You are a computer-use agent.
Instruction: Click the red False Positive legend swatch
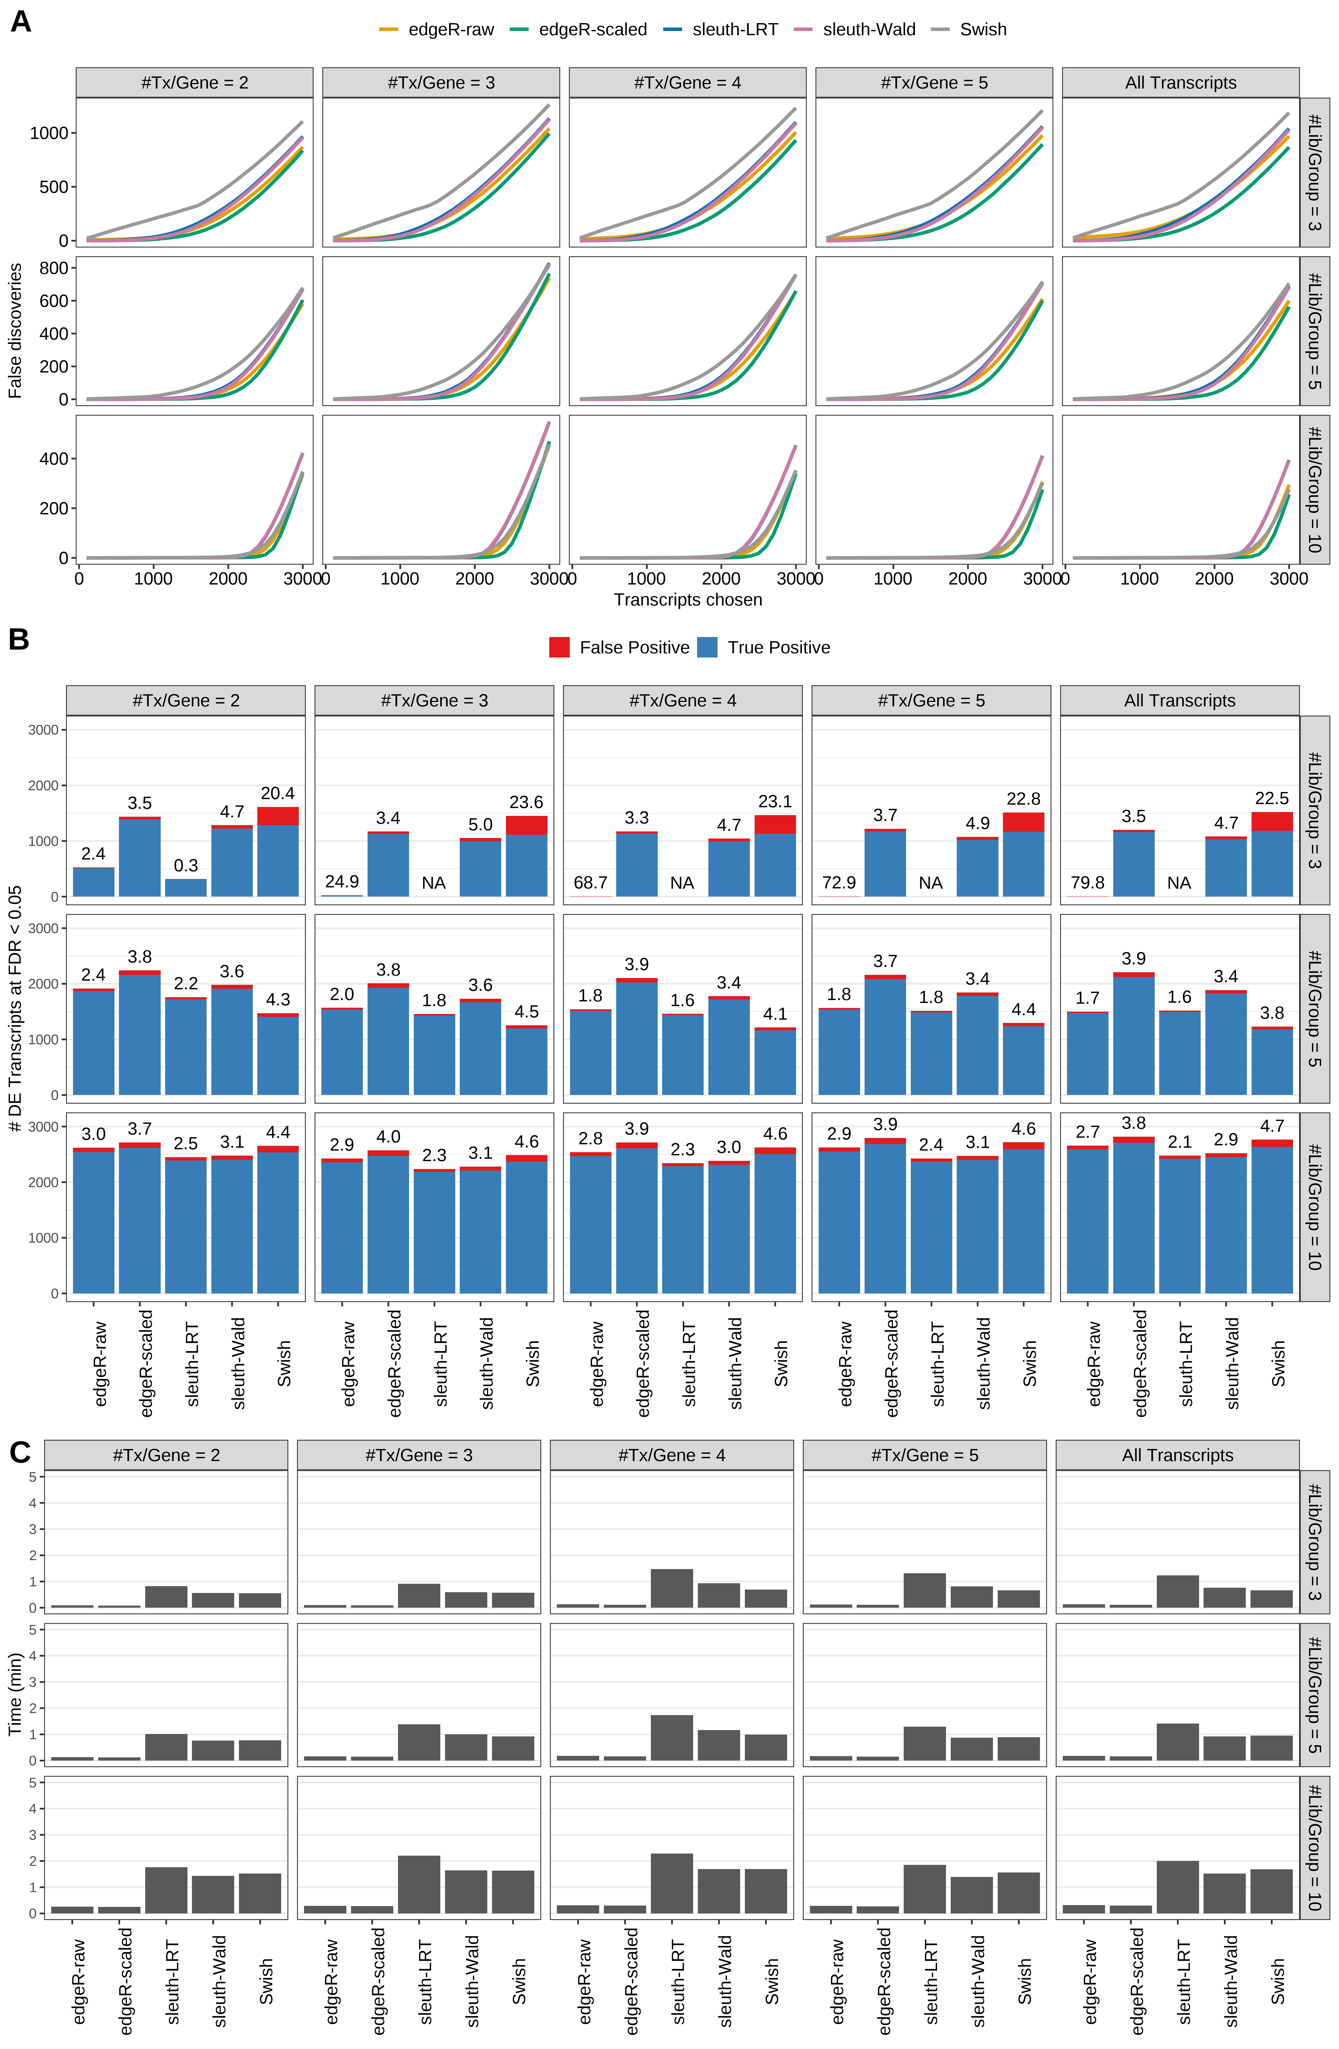tap(559, 648)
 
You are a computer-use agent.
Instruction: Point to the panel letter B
tap(19, 640)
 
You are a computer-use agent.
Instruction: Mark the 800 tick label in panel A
tap(53, 269)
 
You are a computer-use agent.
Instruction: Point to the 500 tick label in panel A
tap(53, 187)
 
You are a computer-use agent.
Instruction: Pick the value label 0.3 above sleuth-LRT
tap(186, 865)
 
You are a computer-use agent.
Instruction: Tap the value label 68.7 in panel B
tap(590, 882)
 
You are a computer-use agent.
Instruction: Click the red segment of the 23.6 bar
tap(527, 825)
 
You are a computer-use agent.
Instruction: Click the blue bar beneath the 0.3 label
tap(186, 888)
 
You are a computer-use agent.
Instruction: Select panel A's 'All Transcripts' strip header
tap(1180, 83)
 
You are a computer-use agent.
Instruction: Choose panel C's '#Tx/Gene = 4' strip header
tap(671, 1455)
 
